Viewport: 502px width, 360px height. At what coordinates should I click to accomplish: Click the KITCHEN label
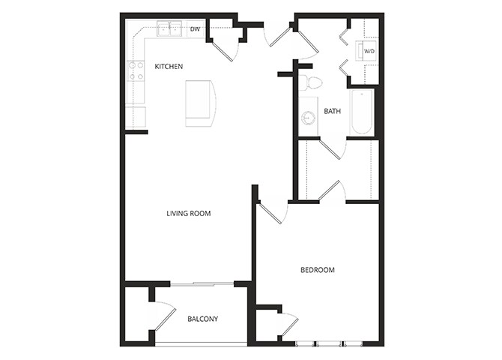pos(169,67)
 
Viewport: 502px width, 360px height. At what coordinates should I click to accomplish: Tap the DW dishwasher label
pos(195,30)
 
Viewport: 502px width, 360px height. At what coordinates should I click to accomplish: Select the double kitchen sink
pos(169,30)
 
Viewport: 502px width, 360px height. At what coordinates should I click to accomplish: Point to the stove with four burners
pos(136,71)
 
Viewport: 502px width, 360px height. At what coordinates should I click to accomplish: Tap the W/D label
pos(369,52)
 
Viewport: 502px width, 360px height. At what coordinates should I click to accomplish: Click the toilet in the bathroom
pos(311,82)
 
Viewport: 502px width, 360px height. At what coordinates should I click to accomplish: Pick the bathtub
pos(361,112)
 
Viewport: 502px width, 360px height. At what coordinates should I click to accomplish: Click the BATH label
pos(332,112)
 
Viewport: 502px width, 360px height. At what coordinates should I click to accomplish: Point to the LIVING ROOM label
pos(189,214)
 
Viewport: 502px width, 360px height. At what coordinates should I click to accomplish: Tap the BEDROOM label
pos(317,270)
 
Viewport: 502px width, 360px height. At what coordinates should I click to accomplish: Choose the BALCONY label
pos(202,319)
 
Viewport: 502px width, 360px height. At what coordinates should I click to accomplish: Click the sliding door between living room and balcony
pos(203,283)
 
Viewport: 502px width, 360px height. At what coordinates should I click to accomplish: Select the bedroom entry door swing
pos(273,211)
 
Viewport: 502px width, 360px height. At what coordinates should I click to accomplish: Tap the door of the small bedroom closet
pos(288,323)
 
